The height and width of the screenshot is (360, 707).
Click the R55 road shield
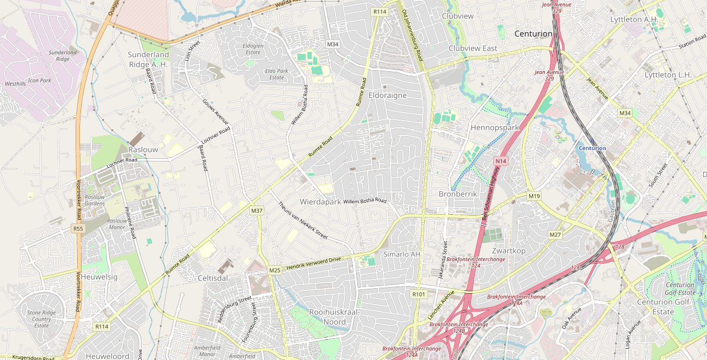[x=78, y=229]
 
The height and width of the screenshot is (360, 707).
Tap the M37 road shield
[x=257, y=210]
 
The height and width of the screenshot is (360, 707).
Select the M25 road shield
[x=275, y=270]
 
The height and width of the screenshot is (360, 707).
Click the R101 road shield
[x=418, y=294]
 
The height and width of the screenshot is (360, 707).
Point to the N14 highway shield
[x=501, y=162]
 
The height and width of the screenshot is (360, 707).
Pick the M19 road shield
[x=534, y=196]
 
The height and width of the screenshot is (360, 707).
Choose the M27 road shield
[x=555, y=235]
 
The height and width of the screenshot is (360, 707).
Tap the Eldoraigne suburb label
[x=387, y=95]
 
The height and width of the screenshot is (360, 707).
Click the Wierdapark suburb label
[x=320, y=202]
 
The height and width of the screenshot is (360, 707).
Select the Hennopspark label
[x=494, y=128]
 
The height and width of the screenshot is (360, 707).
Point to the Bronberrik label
[x=457, y=194]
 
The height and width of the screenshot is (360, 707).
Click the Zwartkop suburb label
[x=508, y=251]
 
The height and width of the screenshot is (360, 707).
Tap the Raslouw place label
[x=143, y=150]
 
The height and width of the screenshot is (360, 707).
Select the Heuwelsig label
[x=99, y=277]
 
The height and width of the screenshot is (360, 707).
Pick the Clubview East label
[x=473, y=48]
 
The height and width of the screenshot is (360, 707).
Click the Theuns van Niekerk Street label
[x=303, y=221]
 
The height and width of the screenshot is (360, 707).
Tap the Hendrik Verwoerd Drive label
[x=313, y=263]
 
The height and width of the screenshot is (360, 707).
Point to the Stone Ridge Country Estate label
[x=42, y=319]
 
